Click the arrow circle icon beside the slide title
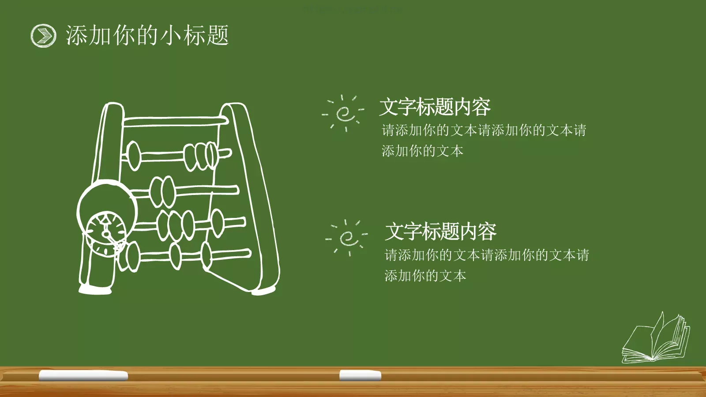(43, 35)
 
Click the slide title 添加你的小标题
(147, 35)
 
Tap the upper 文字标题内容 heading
(435, 107)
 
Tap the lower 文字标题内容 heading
(440, 232)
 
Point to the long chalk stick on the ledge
(83, 375)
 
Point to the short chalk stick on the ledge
(360, 375)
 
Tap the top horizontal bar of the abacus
(174, 121)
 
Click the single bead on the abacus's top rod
(133, 156)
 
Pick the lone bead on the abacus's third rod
(218, 223)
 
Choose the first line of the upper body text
(484, 130)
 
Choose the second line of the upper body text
(422, 151)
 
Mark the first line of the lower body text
(487, 255)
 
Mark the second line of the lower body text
(425, 276)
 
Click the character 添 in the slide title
(76, 35)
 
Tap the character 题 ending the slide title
(217, 35)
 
